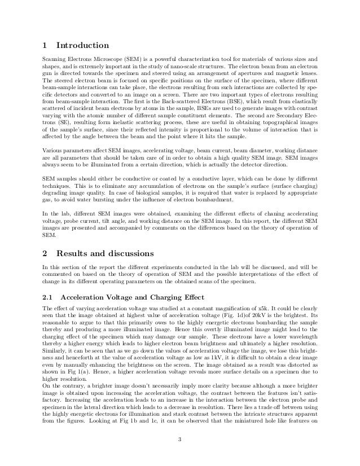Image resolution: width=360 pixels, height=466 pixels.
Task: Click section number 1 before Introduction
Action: pyautogui.click(x=47, y=46)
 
